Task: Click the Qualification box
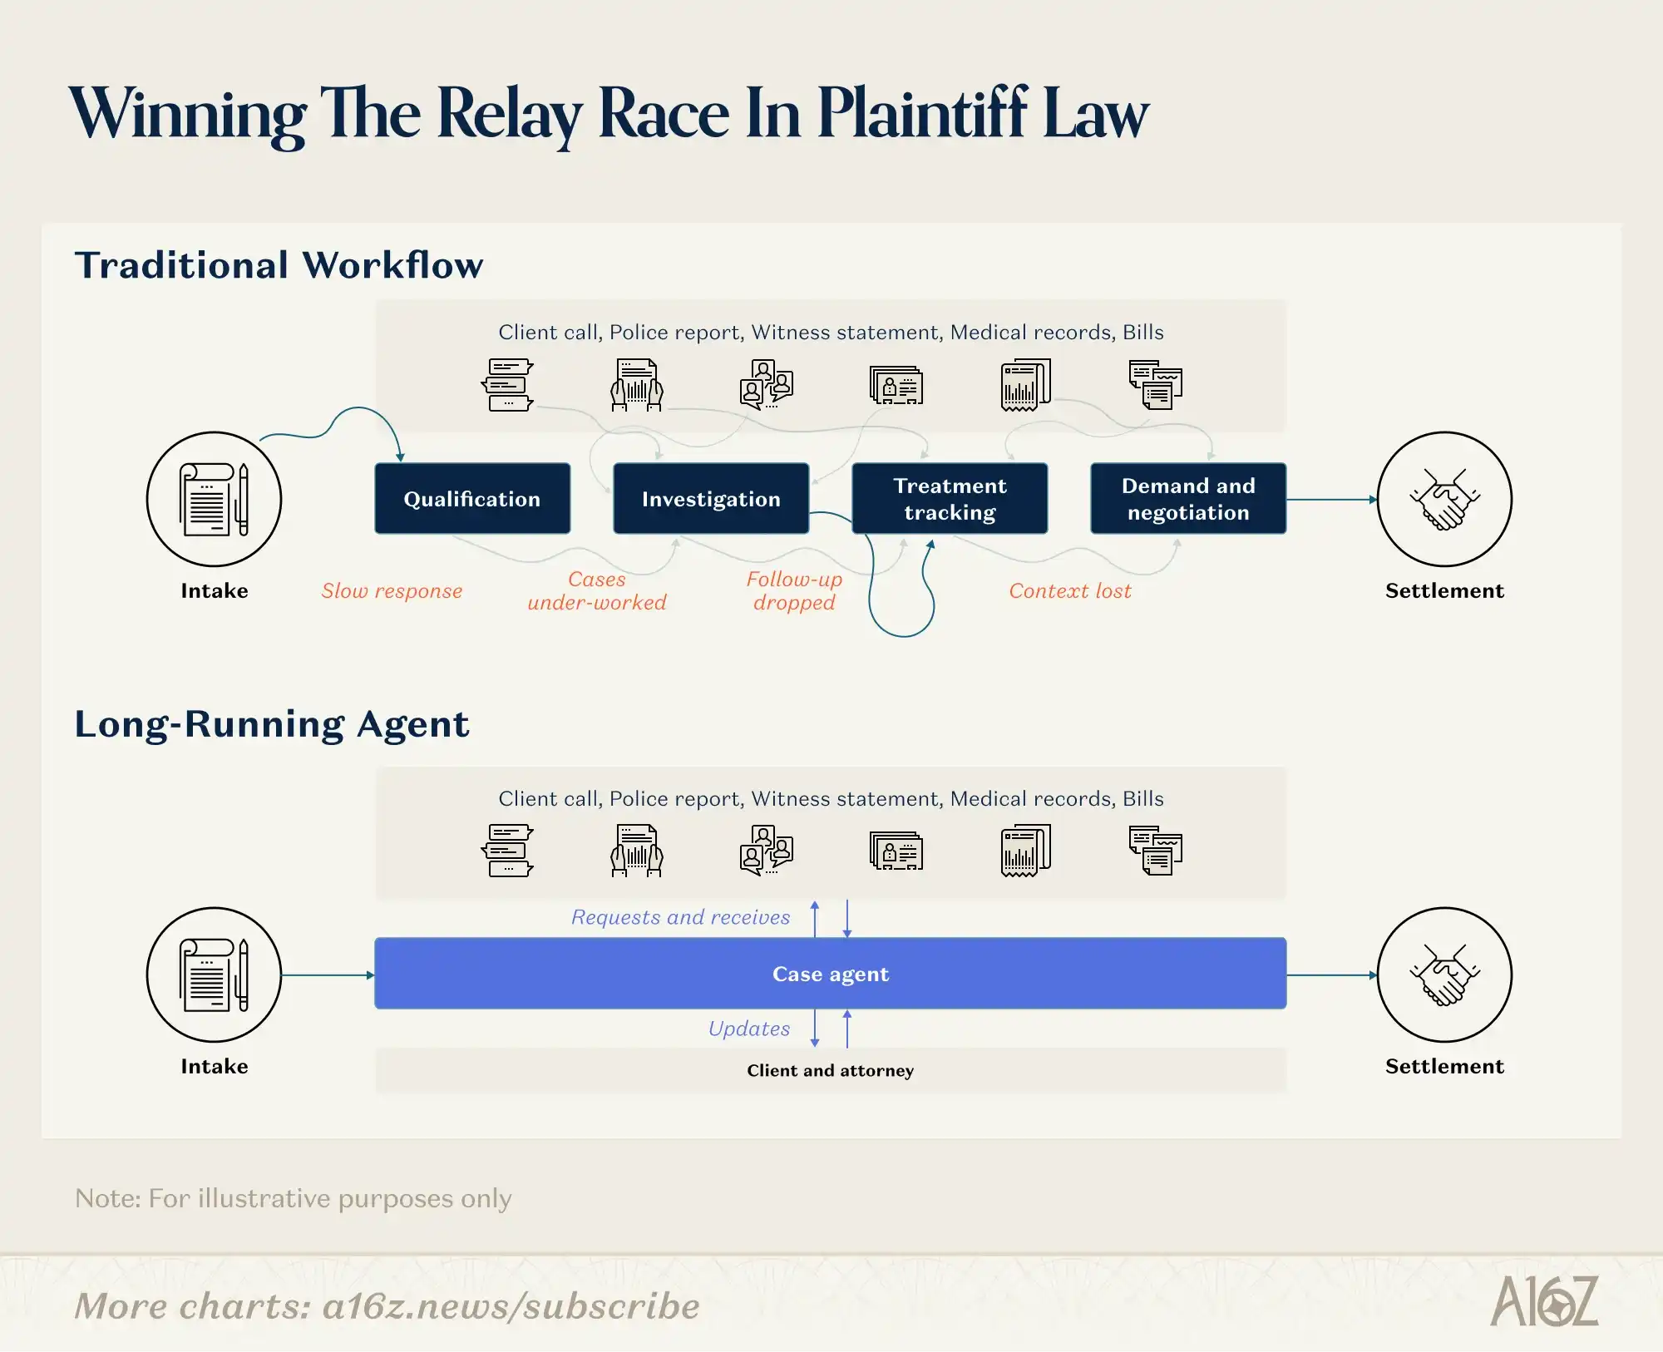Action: (472, 499)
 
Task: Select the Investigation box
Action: (711, 499)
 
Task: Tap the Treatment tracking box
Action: (950, 499)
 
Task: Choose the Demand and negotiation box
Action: (1188, 499)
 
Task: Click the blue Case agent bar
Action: (831, 974)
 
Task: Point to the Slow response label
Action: (392, 591)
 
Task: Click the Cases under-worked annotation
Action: (597, 590)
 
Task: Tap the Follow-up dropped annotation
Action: (794, 590)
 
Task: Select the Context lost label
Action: (1070, 591)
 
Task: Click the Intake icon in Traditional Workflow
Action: (215, 499)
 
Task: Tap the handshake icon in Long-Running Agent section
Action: (1444, 975)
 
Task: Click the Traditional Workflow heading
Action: (279, 265)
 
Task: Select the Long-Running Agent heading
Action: (272, 724)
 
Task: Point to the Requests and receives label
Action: (680, 917)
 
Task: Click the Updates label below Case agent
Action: (749, 1029)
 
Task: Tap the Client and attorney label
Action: (831, 1070)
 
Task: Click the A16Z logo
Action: (1544, 1301)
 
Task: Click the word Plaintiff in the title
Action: (922, 113)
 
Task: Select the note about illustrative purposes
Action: (294, 1198)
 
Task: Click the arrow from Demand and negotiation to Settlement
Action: (1332, 500)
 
